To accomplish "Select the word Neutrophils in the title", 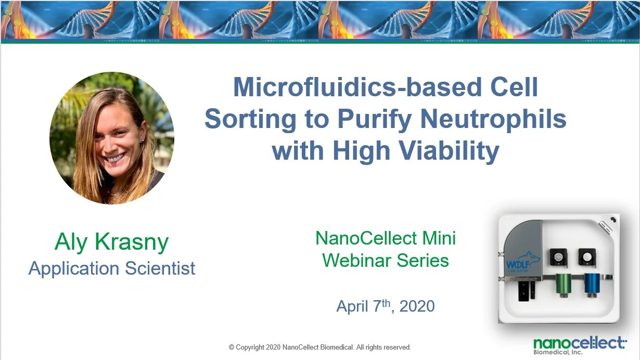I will pos(493,119).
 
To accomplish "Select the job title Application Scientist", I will pos(112,268).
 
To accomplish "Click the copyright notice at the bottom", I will pos(319,347).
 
